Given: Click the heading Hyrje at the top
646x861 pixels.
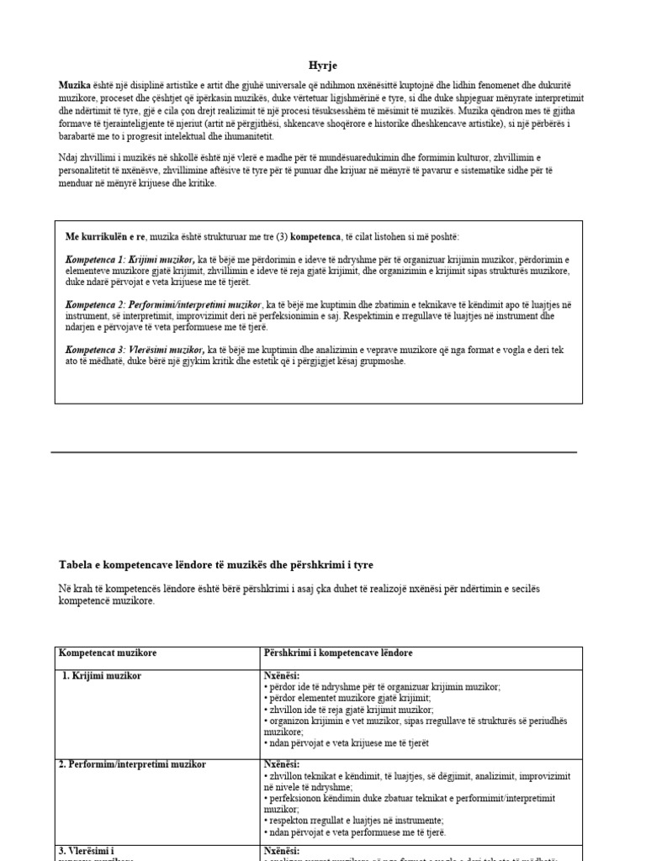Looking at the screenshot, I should [322, 65].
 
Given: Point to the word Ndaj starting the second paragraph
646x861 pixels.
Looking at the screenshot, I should [69, 157].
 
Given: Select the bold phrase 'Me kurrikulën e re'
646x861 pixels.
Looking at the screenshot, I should [104, 236].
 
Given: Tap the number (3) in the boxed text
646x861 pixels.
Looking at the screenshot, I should [277, 236].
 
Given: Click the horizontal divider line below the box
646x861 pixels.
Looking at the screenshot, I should [314, 452].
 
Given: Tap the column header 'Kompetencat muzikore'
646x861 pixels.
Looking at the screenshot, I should [108, 653].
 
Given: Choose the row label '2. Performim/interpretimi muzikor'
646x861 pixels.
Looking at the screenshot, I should [132, 764].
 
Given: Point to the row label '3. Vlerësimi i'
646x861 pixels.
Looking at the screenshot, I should [89, 852].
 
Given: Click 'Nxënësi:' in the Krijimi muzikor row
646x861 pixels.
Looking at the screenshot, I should [282, 675].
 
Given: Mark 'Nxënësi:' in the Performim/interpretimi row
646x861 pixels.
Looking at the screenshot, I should [282, 763].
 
